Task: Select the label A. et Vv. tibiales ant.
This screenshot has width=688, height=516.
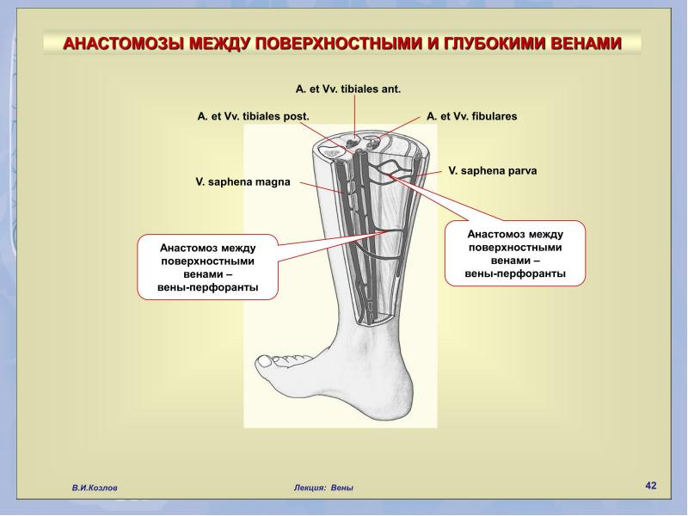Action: pyautogui.click(x=348, y=89)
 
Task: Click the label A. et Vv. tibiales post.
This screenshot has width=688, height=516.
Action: pyautogui.click(x=254, y=116)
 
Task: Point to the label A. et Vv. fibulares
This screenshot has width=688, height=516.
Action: pyautogui.click(x=471, y=116)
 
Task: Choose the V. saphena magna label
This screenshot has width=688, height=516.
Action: pyautogui.click(x=243, y=181)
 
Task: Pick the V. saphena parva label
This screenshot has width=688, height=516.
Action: pyautogui.click(x=492, y=170)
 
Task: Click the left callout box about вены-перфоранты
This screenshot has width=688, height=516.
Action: pyautogui.click(x=207, y=267)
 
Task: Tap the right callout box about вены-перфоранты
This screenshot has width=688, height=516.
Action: pyautogui.click(x=515, y=254)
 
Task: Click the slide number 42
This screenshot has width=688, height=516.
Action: pyautogui.click(x=651, y=485)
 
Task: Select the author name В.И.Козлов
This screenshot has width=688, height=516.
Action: pyautogui.click(x=95, y=488)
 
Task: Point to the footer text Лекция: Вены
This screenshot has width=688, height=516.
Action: pyautogui.click(x=323, y=488)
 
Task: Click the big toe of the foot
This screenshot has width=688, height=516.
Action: pyautogui.click(x=268, y=362)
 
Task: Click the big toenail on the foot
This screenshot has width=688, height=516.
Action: pyautogui.click(x=266, y=360)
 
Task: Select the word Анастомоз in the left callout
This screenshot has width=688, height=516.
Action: pyautogui.click(x=187, y=248)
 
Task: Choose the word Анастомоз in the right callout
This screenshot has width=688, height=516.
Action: pyautogui.click(x=494, y=234)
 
